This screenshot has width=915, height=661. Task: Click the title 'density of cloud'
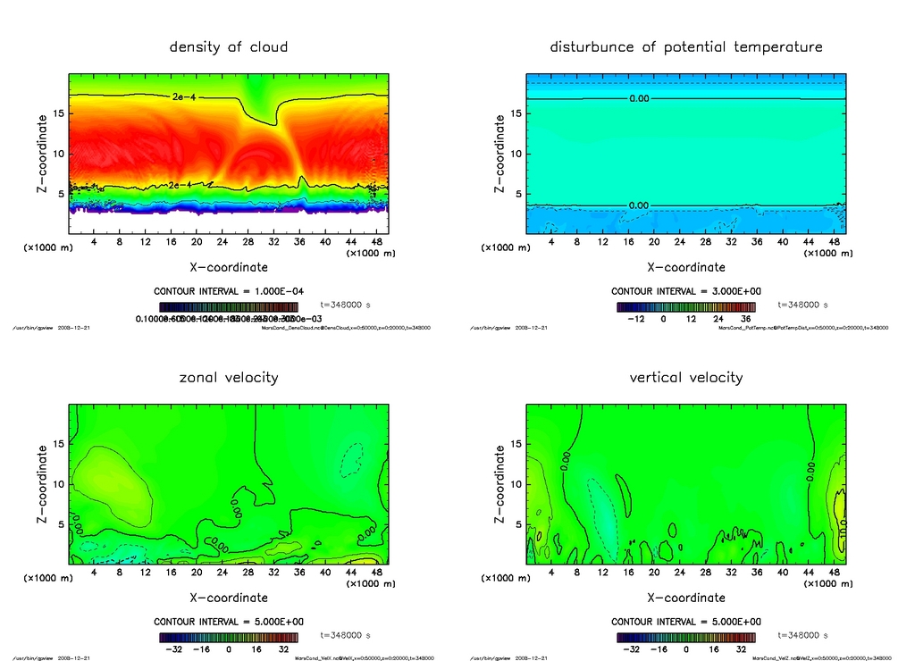(229, 46)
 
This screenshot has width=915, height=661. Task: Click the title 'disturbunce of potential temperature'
(686, 46)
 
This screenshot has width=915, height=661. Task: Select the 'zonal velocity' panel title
(229, 377)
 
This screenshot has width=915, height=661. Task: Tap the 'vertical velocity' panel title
(686, 377)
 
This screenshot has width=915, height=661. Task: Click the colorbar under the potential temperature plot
(686, 306)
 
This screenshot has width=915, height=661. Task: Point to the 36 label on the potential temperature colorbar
(744, 318)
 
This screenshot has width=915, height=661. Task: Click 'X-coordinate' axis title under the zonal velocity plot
(229, 598)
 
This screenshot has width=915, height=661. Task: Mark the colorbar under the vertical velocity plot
(686, 637)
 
